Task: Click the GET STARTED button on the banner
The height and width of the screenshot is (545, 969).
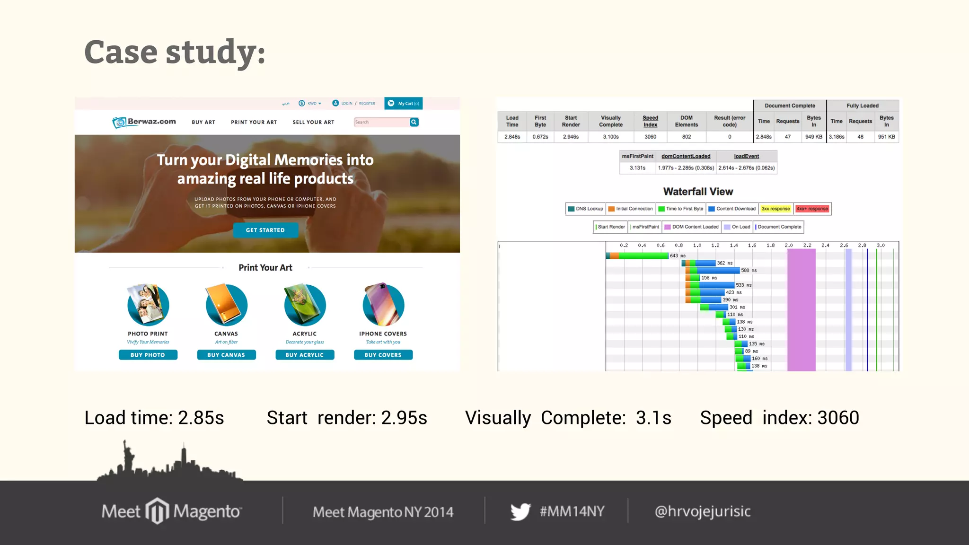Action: click(x=265, y=230)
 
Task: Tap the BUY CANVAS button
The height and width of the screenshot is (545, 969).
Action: click(x=226, y=355)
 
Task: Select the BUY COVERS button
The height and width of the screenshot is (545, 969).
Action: click(x=383, y=355)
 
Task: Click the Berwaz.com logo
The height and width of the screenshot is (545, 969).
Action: click(x=144, y=122)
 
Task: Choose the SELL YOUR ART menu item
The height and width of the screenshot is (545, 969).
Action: click(x=313, y=122)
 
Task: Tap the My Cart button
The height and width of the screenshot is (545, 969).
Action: click(x=403, y=103)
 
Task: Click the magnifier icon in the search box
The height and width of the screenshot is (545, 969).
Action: click(x=414, y=122)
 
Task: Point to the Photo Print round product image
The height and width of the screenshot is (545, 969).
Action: click(x=148, y=305)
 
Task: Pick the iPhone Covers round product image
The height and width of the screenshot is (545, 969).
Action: click(x=383, y=305)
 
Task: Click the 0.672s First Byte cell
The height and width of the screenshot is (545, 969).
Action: click(x=540, y=137)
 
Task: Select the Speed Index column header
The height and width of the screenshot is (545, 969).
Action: click(x=650, y=121)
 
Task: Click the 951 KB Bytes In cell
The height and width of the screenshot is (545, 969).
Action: click(x=886, y=137)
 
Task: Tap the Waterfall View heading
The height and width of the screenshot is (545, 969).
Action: click(x=698, y=192)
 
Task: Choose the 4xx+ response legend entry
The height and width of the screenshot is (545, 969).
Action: click(x=812, y=209)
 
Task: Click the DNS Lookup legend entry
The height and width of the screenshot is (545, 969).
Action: click(x=586, y=209)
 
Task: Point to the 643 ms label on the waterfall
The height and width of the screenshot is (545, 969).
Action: click(x=677, y=256)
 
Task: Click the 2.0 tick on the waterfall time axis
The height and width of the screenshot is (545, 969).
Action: click(x=789, y=246)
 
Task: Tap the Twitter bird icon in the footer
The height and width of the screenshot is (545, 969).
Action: click(x=520, y=511)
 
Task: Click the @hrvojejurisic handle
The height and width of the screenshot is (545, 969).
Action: click(x=703, y=511)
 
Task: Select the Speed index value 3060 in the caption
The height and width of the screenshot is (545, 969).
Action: click(x=838, y=418)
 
